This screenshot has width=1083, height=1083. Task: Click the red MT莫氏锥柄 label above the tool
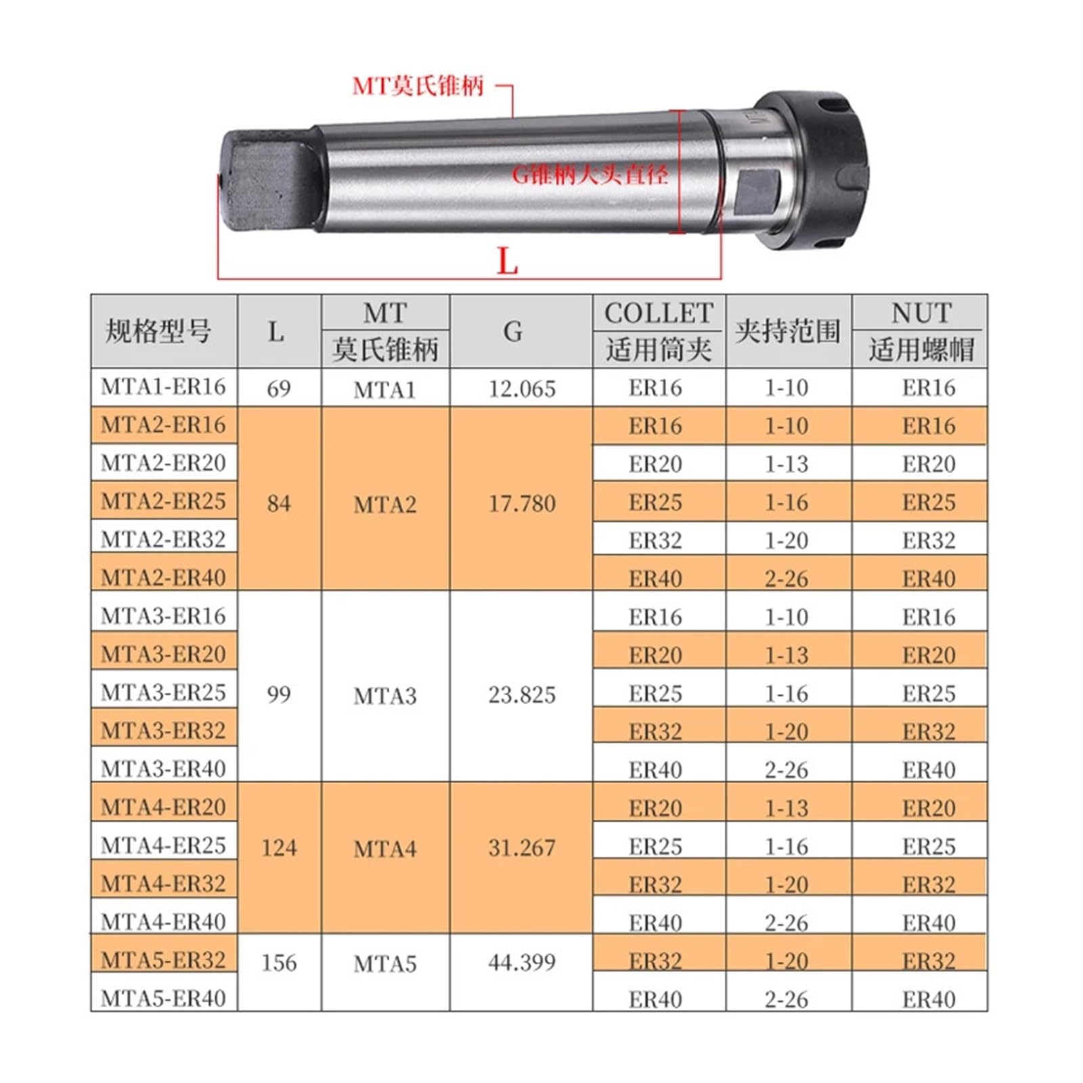pos(418,86)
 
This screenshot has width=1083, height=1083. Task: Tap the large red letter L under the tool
pos(507,261)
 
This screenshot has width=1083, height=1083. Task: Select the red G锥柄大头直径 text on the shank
pos(590,175)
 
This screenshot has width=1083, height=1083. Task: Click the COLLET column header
pos(659,313)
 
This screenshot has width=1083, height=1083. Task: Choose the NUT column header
pos(921,313)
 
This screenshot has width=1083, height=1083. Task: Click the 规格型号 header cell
pos(158,332)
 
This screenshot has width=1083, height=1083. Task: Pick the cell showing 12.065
pos(522,389)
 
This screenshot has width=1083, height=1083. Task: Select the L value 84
pos(279,503)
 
